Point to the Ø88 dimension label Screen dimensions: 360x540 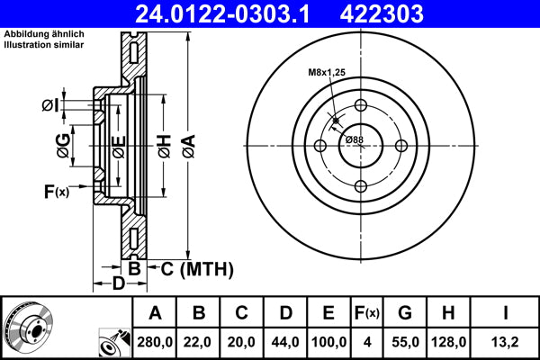tap(354, 139)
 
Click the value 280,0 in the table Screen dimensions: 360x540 tap(155, 341)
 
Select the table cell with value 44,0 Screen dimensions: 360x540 tap(285, 341)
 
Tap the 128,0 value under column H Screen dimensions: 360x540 tap(447, 341)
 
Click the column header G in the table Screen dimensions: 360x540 tap(404, 313)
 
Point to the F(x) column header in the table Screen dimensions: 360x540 tap(367, 313)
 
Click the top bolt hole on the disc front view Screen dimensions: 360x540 tap(360, 104)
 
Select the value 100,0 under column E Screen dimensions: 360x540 tap(329, 341)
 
